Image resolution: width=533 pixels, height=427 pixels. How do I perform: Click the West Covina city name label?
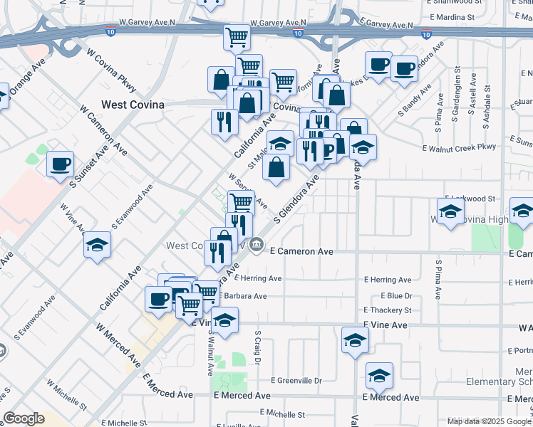tap(133, 105)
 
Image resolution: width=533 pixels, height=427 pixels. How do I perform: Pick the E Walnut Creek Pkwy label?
tap(457, 148)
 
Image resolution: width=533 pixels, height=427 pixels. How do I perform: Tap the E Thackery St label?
tap(388, 310)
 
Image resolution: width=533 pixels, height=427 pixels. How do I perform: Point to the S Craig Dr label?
tap(257, 348)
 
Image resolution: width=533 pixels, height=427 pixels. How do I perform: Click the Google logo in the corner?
tap(24, 418)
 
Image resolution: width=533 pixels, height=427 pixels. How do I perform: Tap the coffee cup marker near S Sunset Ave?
tap(60, 164)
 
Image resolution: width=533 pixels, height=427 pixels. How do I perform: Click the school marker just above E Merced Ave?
tap(379, 375)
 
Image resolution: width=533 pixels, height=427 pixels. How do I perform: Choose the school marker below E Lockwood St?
tap(450, 211)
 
